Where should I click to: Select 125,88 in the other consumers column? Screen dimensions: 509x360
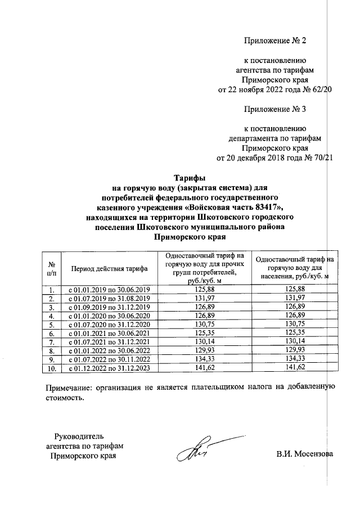tap(204, 289)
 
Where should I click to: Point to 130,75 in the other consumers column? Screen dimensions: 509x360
tap(204, 324)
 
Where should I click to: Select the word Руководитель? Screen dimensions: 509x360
tap(79, 436)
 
